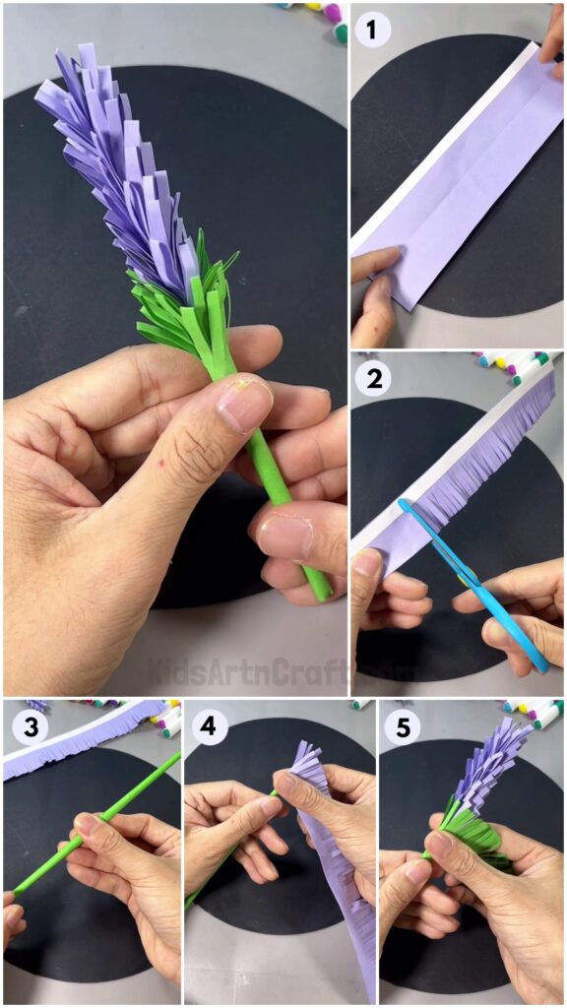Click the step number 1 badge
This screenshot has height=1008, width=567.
pyautogui.click(x=372, y=30)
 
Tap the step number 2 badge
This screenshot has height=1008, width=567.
pyautogui.click(x=372, y=378)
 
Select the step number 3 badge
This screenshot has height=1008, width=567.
pyautogui.click(x=26, y=726)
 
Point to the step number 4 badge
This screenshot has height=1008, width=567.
pyautogui.click(x=207, y=726)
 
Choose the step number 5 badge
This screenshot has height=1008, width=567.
pyautogui.click(x=403, y=726)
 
